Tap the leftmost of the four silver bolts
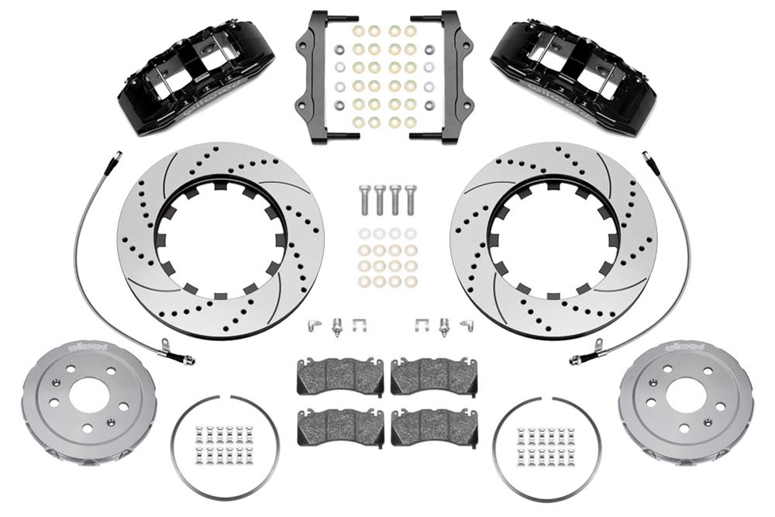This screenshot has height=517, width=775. click(x=363, y=199)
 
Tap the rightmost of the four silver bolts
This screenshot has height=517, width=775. click(x=411, y=199)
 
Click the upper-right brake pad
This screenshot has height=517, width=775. click(x=434, y=376)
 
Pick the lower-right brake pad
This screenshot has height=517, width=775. click(x=434, y=426)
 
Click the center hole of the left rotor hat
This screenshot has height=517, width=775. click(x=88, y=395)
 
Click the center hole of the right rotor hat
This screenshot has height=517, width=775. click(x=685, y=395)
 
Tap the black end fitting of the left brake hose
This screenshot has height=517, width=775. click(x=186, y=360)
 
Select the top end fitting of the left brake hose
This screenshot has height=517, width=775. click(x=116, y=157)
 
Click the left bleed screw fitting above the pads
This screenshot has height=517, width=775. click(x=338, y=326)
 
